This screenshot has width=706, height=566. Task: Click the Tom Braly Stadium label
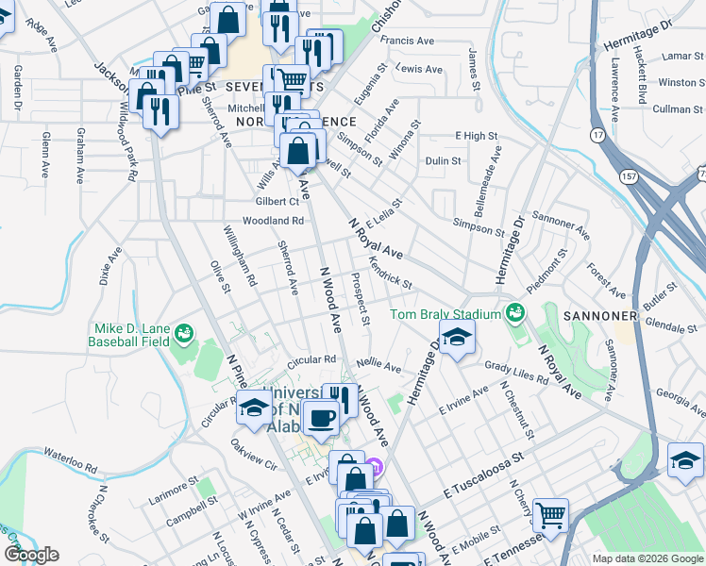[x=445, y=314]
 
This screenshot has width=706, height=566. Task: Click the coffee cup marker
[x=323, y=416]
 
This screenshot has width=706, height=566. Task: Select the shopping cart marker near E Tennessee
[x=550, y=515]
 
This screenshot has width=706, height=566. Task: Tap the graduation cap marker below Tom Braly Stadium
[x=456, y=338]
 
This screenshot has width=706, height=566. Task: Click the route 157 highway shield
[x=629, y=176]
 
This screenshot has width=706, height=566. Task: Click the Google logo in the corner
[x=31, y=555]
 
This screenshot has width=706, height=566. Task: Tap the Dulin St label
[x=443, y=161]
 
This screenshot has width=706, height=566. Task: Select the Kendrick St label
[x=390, y=272]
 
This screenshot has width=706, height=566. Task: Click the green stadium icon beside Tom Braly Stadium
[x=514, y=311]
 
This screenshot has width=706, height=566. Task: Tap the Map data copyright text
[x=647, y=558]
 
